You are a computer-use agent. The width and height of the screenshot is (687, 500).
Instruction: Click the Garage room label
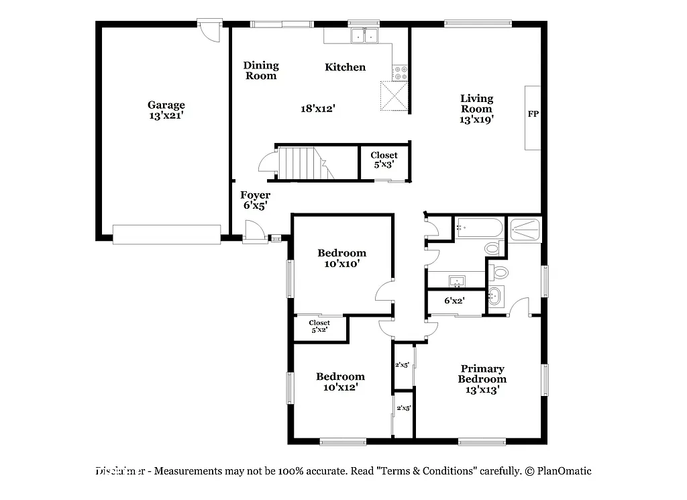pyautogui.click(x=166, y=110)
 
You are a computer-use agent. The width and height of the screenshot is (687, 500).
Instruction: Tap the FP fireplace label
pyautogui.click(x=533, y=114)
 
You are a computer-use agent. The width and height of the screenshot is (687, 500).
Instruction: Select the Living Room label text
pyautogui.click(x=476, y=109)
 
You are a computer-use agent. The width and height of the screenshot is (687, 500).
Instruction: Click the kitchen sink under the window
pyautogui.click(x=364, y=36)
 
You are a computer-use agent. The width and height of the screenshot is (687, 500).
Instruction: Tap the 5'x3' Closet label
pyautogui.click(x=384, y=160)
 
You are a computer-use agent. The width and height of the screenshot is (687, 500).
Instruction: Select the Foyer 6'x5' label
pyautogui.click(x=255, y=201)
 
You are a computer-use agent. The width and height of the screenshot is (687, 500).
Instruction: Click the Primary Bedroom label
pyautogui.click(x=482, y=379)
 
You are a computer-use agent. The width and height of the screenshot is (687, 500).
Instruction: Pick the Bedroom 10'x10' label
pyautogui.click(x=341, y=258)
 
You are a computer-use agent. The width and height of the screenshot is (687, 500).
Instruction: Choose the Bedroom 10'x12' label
pyautogui.click(x=341, y=382)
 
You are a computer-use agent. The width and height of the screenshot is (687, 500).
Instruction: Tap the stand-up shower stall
pyautogui.click(x=525, y=229)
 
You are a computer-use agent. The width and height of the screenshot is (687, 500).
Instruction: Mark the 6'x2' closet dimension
pyautogui.click(x=455, y=301)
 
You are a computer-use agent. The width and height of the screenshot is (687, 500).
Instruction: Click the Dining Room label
pyautogui.click(x=261, y=70)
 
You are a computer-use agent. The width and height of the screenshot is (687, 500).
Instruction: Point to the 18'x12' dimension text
pyautogui.click(x=317, y=107)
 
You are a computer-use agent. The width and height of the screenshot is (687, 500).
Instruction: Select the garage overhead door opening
pyautogui.click(x=166, y=234)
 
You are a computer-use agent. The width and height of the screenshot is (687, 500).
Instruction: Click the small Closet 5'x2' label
pyautogui.click(x=319, y=326)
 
